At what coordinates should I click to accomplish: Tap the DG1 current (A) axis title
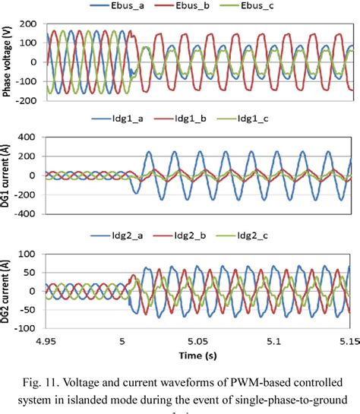point(8,177)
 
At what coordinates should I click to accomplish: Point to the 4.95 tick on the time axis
point(47,341)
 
